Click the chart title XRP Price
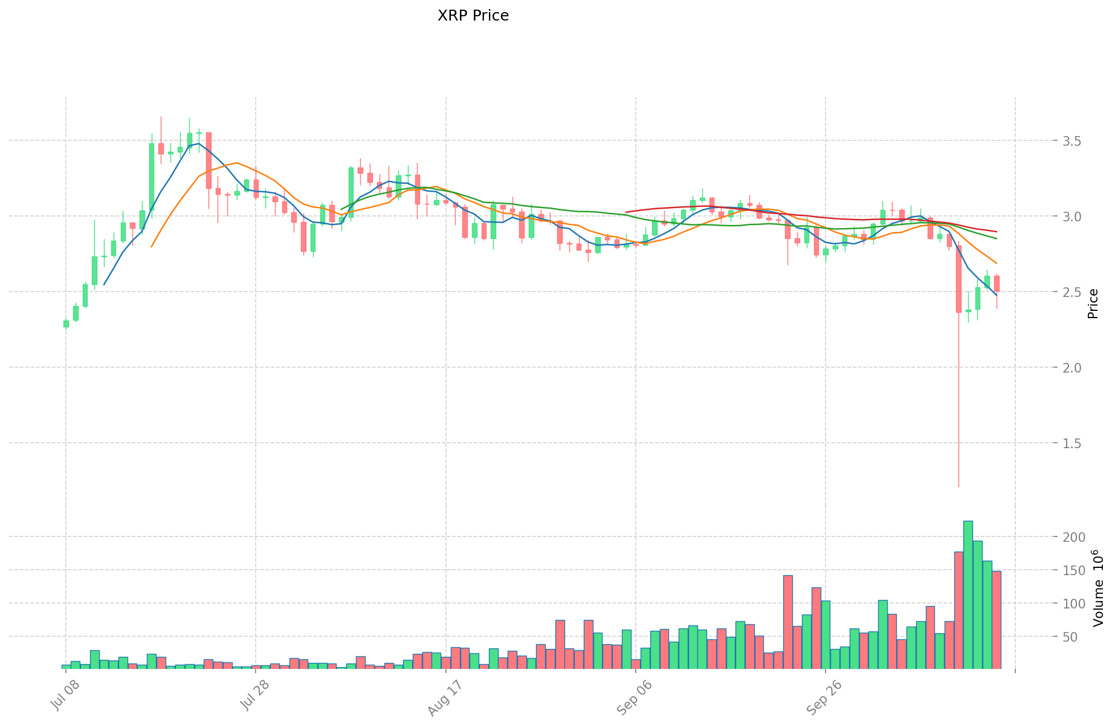point(473,16)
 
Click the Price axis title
point(1093,304)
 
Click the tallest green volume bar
point(968,593)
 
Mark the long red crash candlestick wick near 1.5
point(958,423)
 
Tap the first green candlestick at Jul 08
point(66,324)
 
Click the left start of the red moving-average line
point(627,212)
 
